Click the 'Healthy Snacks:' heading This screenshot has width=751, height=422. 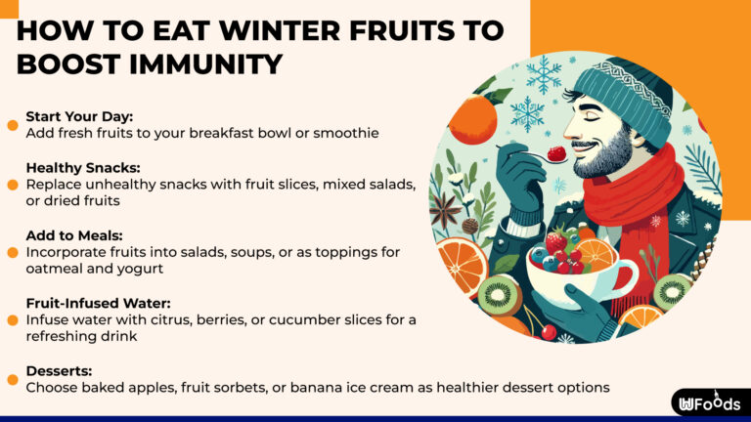point(84,167)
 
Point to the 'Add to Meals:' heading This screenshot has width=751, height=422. point(75,235)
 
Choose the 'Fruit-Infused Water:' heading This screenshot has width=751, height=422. point(100,304)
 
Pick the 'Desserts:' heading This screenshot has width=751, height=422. point(59,371)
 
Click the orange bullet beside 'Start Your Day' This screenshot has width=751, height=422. point(13,124)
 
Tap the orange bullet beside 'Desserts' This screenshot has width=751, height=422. point(13,379)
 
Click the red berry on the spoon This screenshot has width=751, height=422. point(557,153)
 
